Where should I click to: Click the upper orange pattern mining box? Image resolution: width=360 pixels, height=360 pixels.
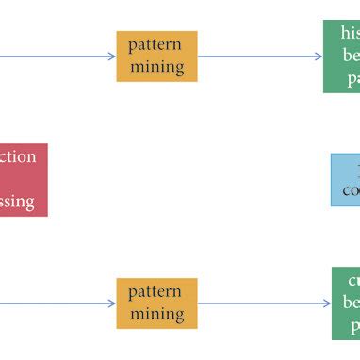(x=156, y=57)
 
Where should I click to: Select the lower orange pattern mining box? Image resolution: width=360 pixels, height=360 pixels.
(x=156, y=303)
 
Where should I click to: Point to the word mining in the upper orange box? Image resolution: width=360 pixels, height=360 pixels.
(x=156, y=67)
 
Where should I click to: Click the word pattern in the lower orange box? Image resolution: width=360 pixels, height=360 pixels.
(x=156, y=292)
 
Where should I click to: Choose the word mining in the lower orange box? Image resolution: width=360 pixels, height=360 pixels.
(x=156, y=313)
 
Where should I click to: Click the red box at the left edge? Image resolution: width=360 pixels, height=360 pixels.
(x=22, y=179)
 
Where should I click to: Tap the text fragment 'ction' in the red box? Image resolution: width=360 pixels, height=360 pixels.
(x=19, y=156)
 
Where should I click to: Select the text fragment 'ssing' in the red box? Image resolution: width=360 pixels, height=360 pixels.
(x=18, y=202)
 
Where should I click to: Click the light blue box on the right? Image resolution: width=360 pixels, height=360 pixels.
(x=346, y=179)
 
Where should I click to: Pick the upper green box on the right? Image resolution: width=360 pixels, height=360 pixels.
(x=342, y=57)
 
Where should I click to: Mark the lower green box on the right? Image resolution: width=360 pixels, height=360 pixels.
(x=346, y=303)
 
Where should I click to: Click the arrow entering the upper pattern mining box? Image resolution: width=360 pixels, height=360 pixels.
(x=57, y=57)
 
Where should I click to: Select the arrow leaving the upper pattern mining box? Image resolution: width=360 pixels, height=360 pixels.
(x=259, y=57)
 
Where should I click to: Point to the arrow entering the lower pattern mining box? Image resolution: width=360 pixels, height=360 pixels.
(x=57, y=303)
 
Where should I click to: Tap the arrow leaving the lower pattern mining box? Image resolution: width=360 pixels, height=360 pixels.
(x=264, y=303)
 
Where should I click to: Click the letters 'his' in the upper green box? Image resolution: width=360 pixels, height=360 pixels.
(x=350, y=34)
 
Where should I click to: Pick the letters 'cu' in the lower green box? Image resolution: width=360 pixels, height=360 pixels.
(x=352, y=281)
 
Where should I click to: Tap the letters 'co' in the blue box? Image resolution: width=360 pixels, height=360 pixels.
(x=351, y=189)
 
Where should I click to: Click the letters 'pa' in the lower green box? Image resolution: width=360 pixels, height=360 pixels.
(x=352, y=325)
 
